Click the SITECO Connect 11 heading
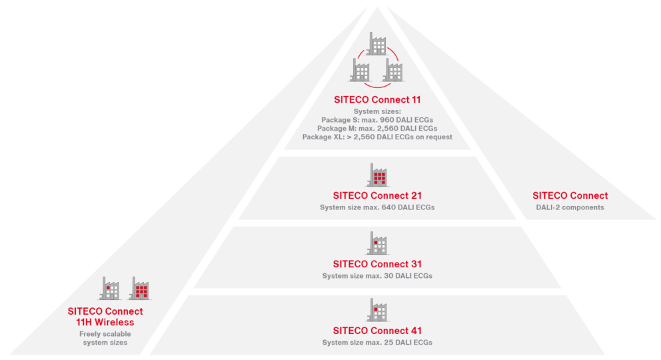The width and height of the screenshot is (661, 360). pos(377,100)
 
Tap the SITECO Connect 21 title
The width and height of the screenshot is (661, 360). pos(377,196)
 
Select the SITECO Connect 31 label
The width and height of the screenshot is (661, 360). pos(377,264)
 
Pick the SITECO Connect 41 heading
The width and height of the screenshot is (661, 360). pos(377,331)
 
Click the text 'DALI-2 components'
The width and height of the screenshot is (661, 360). pos(570,207)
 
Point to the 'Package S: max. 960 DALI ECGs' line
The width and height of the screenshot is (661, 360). pos(377,119)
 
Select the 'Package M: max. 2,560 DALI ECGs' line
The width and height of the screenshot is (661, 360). pos(377,128)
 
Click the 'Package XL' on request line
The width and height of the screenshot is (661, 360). pos(377,137)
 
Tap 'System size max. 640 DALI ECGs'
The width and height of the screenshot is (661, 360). pos(377,207)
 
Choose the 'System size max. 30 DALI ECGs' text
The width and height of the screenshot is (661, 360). pos(377,275)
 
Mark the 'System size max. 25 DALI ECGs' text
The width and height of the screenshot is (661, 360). pos(377,342)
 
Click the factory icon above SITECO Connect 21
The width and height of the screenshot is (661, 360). pos(377,175)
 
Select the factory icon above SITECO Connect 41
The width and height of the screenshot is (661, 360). pos(377,309)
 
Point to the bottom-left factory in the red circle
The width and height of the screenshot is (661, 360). pos(361,69)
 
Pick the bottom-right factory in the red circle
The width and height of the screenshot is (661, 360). pos(393,69)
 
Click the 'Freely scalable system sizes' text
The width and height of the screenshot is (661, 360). pos(105,338)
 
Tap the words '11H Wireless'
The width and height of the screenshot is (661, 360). pos(105,322)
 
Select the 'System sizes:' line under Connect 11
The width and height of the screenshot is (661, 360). pos(377,111)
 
